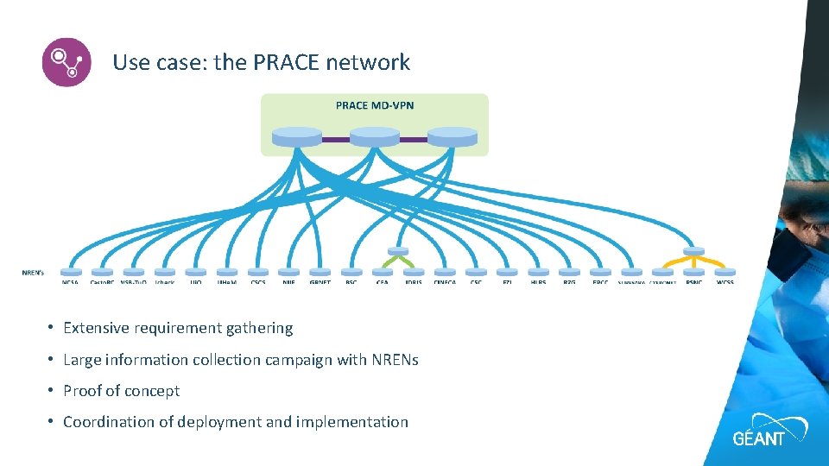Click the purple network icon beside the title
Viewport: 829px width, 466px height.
[66, 62]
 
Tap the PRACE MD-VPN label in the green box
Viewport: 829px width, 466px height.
[374, 105]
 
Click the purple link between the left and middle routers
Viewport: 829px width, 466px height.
[335, 138]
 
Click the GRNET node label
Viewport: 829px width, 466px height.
[320, 281]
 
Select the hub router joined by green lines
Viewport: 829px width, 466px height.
[398, 251]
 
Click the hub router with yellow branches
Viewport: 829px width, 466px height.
[693, 251]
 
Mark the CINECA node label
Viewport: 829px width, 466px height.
[445, 281]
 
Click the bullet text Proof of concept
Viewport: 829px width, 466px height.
[121, 391]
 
